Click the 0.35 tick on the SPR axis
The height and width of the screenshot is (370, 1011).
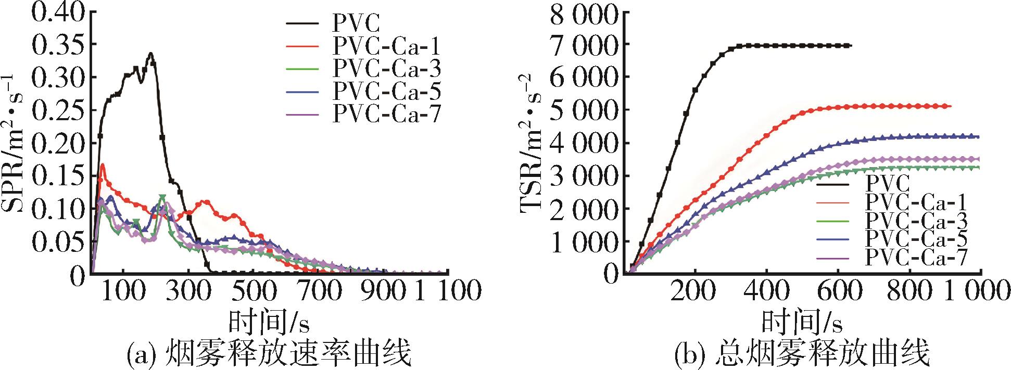tap(59, 45)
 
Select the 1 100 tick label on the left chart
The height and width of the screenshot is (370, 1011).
tap(448, 290)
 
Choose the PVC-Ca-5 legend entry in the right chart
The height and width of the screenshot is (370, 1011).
tap(916, 237)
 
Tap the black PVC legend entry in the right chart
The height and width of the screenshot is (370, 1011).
tap(887, 183)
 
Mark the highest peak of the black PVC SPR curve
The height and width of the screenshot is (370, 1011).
tap(150, 53)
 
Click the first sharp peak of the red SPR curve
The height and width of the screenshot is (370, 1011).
tap(103, 165)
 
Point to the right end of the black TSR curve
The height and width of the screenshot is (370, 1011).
tap(850, 46)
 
